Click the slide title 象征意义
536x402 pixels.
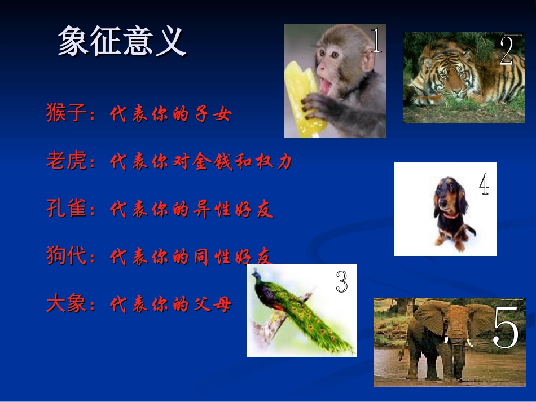[122, 41]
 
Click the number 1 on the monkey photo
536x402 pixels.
[376, 41]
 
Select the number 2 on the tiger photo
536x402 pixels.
[506, 51]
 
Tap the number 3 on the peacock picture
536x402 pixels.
[342, 281]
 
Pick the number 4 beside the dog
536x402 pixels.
[484, 184]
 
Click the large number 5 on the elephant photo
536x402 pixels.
[506, 329]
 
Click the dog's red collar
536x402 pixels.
[450, 215]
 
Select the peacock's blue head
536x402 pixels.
[257, 275]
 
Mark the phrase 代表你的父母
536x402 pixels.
[170, 304]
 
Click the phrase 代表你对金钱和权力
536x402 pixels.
[201, 162]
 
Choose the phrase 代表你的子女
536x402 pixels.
[170, 115]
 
